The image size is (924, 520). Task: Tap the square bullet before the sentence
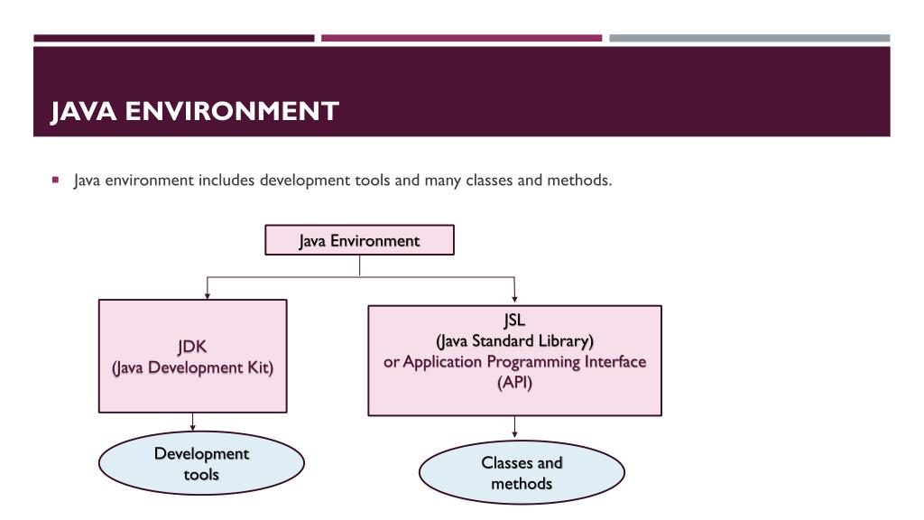[x=56, y=179]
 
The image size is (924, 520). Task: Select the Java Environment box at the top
[x=359, y=241]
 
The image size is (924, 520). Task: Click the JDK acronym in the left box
[x=192, y=347]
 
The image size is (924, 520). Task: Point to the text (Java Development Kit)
[x=192, y=368]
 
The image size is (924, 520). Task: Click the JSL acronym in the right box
[x=514, y=320]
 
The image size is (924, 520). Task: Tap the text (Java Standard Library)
[x=514, y=341]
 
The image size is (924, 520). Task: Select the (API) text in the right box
[x=514, y=383]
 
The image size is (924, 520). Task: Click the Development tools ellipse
[x=201, y=463]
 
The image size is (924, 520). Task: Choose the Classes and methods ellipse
[x=522, y=473]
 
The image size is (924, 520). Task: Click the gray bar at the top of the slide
[x=749, y=38]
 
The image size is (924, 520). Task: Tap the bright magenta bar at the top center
[x=461, y=38]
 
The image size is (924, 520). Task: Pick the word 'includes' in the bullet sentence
[x=226, y=180]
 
